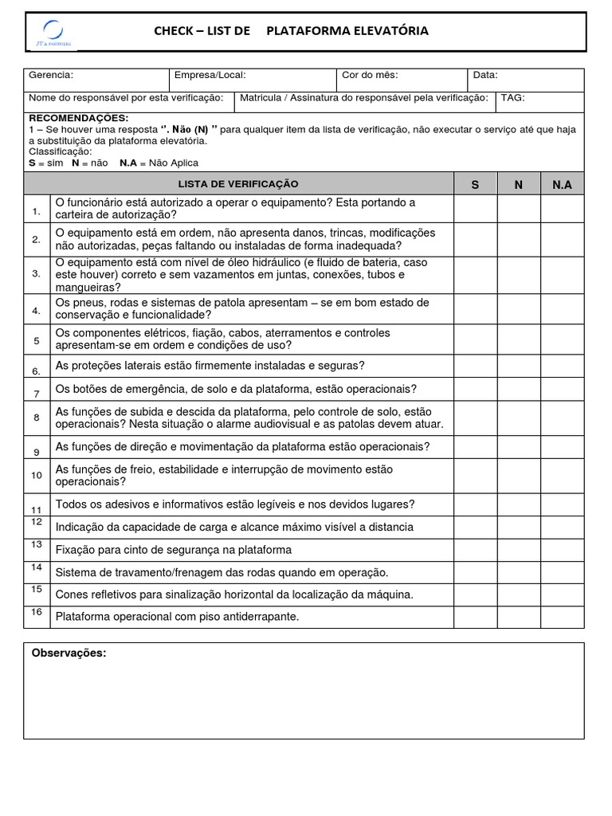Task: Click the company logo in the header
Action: (53, 32)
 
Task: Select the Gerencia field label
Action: (51, 75)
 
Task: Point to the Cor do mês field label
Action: (370, 75)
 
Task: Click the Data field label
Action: (485, 75)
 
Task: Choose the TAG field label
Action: (512, 97)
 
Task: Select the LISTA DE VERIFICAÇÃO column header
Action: (238, 184)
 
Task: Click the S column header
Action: (476, 185)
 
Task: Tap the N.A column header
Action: (562, 185)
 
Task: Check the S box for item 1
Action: (476, 208)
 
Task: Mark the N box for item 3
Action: (519, 274)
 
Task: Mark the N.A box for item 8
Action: (562, 418)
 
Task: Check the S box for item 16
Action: (476, 617)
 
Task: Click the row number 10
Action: (37, 476)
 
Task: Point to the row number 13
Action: (37, 544)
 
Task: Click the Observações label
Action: (69, 653)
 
